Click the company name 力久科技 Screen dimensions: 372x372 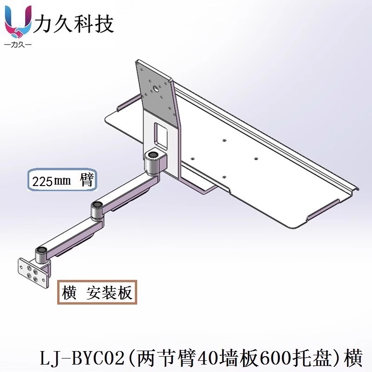point(74,24)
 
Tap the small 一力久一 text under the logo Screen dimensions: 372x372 point(18,46)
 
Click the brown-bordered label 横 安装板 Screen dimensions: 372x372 point(97,292)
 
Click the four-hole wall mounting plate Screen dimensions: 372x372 point(33,273)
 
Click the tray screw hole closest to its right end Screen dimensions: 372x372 point(255,158)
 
